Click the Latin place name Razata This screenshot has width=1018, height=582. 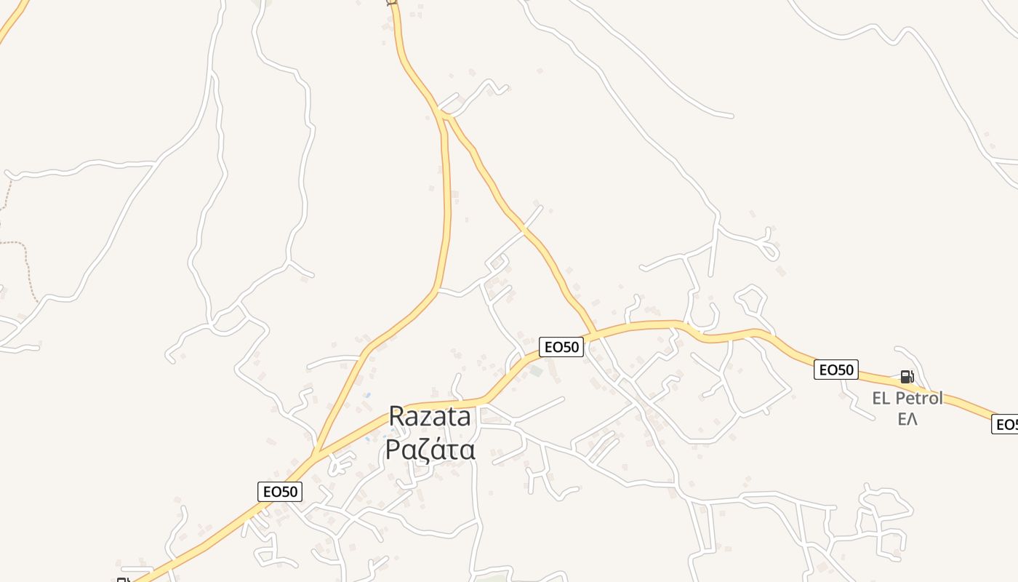point(430,417)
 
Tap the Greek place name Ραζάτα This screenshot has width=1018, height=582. point(430,450)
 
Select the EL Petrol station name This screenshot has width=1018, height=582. point(907,399)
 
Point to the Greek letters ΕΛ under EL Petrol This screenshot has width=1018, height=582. point(907,420)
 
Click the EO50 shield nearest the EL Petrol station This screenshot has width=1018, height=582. point(835,370)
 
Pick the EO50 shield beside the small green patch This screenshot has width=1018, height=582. point(561,347)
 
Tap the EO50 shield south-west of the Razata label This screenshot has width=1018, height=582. point(280,492)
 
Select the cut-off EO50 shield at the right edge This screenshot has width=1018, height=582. point(1005,425)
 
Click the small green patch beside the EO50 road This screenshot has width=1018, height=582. point(536,371)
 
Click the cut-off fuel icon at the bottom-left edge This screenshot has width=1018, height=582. point(122,579)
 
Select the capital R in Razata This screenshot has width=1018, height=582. point(397,417)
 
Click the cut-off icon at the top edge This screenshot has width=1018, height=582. point(391,2)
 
